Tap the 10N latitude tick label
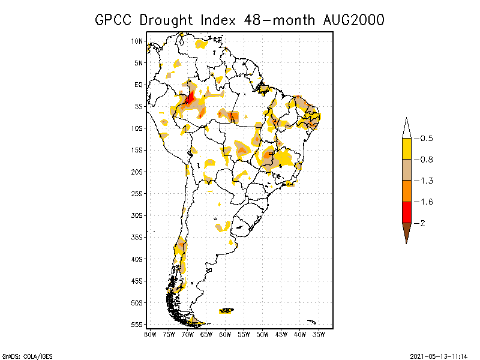137,41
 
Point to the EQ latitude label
138,85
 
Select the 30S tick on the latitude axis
137,215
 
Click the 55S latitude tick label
137,325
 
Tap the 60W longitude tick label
224,334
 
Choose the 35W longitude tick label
319,334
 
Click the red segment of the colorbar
406,212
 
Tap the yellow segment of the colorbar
406,149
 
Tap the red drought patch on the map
190,96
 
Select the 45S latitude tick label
137,281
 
